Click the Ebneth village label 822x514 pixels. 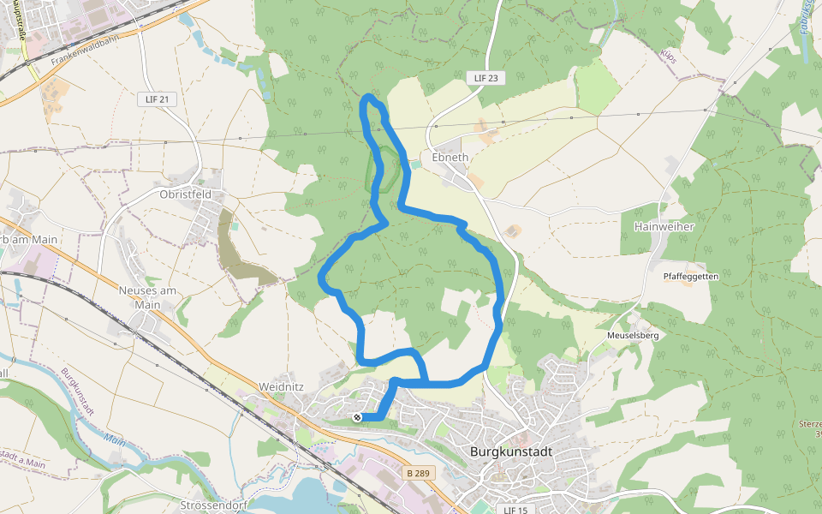[450, 158]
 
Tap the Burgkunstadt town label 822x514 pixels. [511, 451]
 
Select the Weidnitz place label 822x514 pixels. [281, 387]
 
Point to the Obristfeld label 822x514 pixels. [185, 194]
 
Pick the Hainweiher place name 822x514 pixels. [662, 226]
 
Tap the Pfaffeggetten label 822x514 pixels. [691, 277]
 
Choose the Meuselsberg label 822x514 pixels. [633, 335]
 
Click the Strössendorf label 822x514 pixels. [214, 505]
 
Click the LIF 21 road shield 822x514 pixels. [157, 99]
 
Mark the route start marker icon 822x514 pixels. [357, 417]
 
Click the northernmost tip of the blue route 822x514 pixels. [369, 96]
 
